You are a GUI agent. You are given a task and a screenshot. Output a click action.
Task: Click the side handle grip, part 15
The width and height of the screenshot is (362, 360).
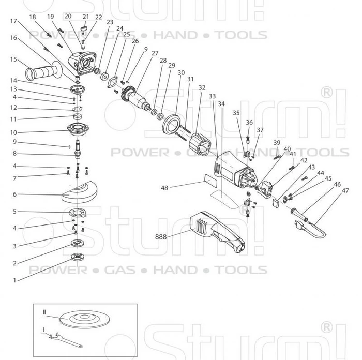tap(43, 71)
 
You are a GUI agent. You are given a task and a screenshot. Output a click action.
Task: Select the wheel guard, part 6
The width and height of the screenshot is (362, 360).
tap(79, 192)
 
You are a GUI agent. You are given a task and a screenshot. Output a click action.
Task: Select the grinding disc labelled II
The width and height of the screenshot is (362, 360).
tap(84, 319)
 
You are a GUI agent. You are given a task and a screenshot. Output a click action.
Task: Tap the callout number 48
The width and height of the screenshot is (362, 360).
tap(164, 188)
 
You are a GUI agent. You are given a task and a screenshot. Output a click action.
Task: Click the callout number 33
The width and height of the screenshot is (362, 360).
tap(212, 96)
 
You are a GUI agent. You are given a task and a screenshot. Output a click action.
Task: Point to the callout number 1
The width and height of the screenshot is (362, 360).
tap(14, 280)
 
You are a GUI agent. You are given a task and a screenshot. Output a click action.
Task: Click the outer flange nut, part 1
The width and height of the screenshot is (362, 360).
tap(78, 257)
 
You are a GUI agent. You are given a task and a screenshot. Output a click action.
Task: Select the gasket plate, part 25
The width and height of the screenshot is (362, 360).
tap(112, 82)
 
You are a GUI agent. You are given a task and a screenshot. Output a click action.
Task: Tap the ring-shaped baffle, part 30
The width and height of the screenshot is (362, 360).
tap(171, 124)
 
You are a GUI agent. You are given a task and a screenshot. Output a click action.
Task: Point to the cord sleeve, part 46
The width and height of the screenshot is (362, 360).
tap(299, 214)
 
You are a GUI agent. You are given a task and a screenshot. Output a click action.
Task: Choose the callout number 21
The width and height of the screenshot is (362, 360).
tap(86, 17)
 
